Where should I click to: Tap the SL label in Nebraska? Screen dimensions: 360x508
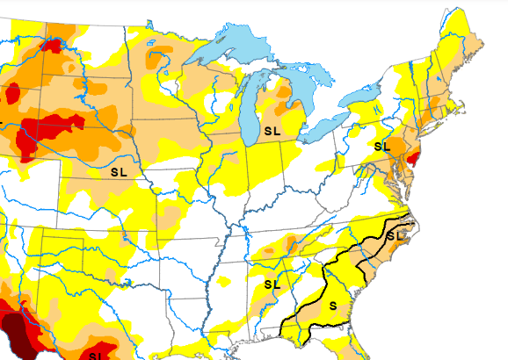119,172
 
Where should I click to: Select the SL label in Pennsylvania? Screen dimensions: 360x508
381,146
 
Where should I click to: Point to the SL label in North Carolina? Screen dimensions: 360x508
397,235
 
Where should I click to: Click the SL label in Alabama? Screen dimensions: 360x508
272,284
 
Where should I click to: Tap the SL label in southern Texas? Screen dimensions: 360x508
97,355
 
